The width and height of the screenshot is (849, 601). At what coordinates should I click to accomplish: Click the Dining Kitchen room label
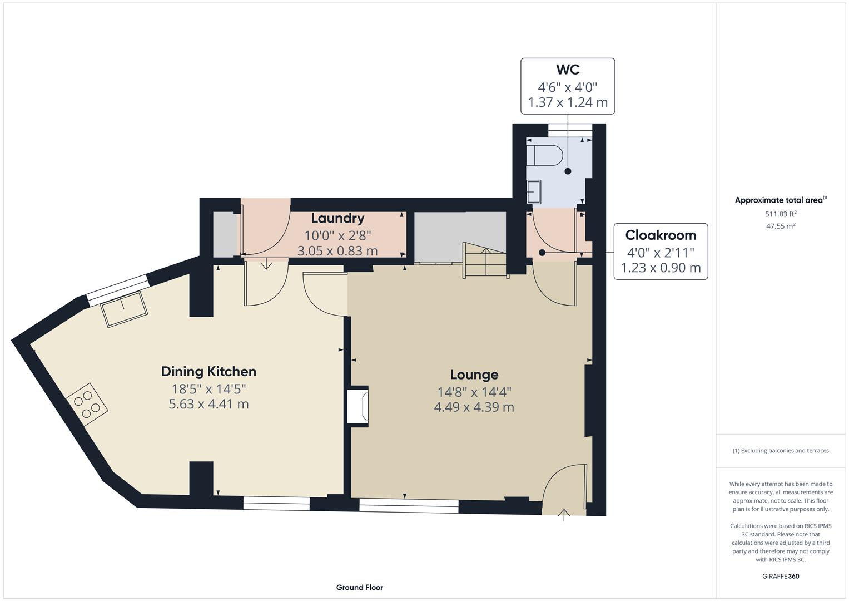[x=208, y=371]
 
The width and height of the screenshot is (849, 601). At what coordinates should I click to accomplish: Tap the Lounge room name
[x=474, y=375]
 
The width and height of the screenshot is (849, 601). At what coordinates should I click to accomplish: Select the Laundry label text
[x=337, y=218]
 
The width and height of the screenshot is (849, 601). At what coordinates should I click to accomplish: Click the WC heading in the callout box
[x=567, y=70]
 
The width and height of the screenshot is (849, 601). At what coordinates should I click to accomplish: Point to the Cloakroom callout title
[x=661, y=235]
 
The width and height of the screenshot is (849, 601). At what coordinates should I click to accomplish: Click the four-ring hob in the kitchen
[x=87, y=404]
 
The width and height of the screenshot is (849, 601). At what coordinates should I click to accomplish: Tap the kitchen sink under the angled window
[x=124, y=308]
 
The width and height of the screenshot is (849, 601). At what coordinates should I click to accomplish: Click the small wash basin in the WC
[x=534, y=192]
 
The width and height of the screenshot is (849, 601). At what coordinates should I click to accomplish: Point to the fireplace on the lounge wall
[x=358, y=406]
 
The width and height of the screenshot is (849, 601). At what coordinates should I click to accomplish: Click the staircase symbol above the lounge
[x=485, y=260]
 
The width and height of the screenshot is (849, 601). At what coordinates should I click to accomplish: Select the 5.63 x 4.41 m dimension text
[x=208, y=404]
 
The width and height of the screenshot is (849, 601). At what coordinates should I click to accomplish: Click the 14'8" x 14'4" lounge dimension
[x=474, y=392]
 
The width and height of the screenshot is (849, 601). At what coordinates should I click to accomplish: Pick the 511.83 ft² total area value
[x=780, y=214]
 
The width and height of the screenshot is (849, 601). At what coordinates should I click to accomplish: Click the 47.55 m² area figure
[x=780, y=226]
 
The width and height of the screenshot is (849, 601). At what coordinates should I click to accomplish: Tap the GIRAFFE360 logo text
[x=780, y=576]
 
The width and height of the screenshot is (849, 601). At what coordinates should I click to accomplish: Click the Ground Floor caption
[x=359, y=587]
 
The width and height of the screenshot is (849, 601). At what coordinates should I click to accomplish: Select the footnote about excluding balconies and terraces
[x=780, y=451]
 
